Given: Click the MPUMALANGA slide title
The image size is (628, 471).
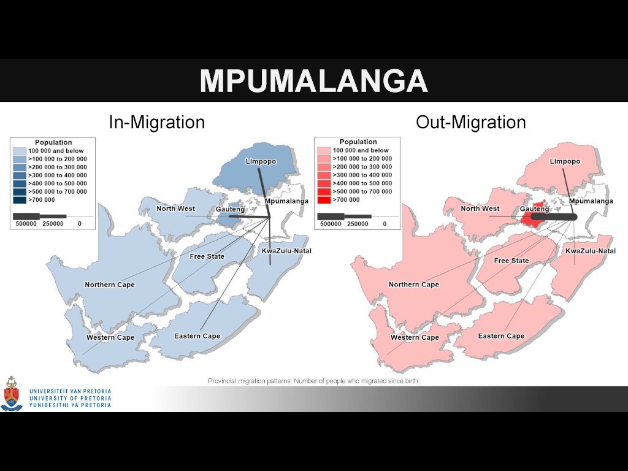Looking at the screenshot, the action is tap(313, 81).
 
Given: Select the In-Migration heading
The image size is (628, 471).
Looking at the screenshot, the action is tap(156, 122).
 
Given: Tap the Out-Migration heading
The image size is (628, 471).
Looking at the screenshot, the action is tap(470, 122).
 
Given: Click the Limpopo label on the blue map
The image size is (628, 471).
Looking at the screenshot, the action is tap(261, 161).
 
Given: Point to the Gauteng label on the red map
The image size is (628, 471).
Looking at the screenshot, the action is tap(534, 209).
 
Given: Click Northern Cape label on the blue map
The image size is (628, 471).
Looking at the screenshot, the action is tap(110, 285).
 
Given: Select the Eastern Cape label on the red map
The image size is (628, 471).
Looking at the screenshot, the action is tap(501, 336).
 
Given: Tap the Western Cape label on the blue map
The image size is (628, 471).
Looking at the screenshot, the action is tap(110, 338).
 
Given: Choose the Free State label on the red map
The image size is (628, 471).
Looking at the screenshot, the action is tap(511, 261).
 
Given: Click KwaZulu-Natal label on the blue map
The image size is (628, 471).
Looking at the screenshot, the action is tap(286, 251).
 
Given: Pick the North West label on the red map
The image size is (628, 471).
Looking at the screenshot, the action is tap(480, 209).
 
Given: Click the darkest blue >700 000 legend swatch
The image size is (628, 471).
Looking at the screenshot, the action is tap(20, 200).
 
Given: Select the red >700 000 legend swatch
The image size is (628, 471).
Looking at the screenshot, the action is tap(324, 199).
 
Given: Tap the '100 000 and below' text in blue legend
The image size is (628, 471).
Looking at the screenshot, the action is tap(56, 151).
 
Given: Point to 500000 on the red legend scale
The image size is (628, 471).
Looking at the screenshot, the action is tap(331, 224).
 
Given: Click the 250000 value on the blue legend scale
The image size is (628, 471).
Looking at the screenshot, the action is tap(53, 224).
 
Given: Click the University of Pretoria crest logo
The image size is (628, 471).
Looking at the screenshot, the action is tap(12, 394).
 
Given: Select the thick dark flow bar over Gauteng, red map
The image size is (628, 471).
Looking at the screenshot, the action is tap(554, 217).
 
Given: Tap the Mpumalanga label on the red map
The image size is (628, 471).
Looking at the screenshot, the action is tap(591, 201).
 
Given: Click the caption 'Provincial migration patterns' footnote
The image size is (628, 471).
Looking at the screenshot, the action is tap(313, 381).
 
